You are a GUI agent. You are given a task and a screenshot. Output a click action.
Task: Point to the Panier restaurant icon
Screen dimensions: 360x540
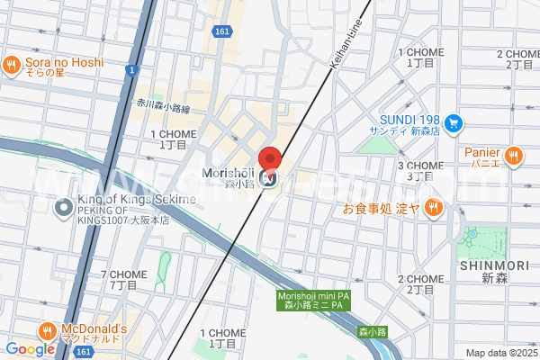[514, 156]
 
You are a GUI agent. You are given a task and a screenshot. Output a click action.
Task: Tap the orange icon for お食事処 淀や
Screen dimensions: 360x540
[433, 208]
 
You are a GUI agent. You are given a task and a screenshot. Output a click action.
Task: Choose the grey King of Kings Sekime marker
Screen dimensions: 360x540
[63, 208]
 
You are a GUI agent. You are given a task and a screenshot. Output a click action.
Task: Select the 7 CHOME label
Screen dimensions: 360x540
[123, 279]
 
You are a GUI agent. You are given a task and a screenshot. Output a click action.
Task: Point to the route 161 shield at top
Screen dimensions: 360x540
[223, 31]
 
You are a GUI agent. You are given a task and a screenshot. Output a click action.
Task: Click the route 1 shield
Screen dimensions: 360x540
[131, 69]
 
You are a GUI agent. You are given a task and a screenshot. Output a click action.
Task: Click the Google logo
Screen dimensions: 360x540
[30, 349]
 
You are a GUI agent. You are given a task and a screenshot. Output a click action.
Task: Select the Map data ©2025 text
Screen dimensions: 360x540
[500, 353]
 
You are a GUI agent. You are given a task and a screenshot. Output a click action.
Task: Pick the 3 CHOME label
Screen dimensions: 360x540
[420, 171]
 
